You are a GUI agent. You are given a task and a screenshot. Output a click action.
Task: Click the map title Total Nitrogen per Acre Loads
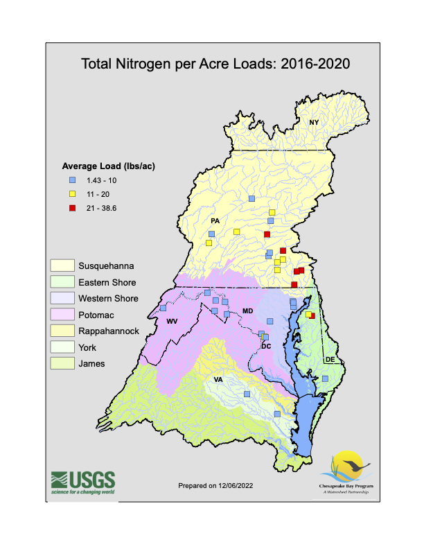(215, 64)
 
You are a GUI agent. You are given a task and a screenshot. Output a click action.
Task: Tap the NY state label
(314, 123)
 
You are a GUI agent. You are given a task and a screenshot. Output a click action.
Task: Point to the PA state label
(215, 221)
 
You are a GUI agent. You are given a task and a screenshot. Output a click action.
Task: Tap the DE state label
(330, 360)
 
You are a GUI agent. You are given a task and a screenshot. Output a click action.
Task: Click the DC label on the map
(265, 346)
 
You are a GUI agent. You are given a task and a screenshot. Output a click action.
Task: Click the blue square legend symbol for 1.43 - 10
(71, 180)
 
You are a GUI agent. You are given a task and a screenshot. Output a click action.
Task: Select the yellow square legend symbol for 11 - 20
(71, 194)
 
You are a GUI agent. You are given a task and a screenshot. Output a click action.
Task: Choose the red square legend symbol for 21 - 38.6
(71, 208)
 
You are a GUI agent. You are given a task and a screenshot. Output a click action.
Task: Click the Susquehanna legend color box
(62, 265)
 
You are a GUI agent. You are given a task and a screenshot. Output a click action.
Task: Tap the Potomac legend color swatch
(62, 315)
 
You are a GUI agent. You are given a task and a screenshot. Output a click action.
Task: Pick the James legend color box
(62, 363)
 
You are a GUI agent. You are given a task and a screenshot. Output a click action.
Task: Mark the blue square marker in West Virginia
(164, 308)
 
